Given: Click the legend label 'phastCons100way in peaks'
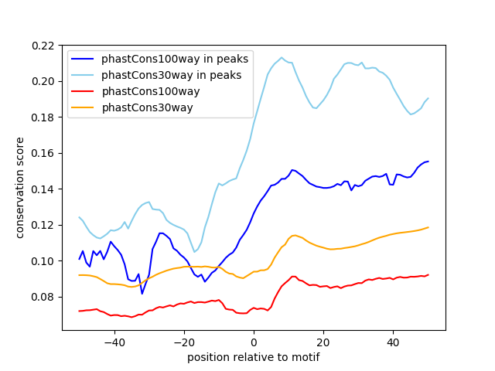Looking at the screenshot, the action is [x=175, y=59].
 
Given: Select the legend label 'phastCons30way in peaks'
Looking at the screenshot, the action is [x=171, y=75].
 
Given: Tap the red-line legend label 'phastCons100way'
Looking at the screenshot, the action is [x=151, y=91].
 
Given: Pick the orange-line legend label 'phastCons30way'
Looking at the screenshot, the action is [x=147, y=107].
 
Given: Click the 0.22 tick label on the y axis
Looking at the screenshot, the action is [x=43, y=46].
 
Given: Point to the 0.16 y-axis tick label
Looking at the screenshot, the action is [x=43, y=153].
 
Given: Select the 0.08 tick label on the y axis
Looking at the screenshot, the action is [x=43, y=297].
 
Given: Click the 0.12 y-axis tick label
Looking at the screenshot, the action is [x=43, y=225].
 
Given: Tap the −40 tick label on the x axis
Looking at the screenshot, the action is [x=114, y=342].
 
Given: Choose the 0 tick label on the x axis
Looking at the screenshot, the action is [x=254, y=342].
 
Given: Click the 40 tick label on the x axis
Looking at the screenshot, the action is [x=393, y=342].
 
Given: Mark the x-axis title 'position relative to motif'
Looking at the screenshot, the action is [x=254, y=357].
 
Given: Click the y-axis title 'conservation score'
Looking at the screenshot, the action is [x=19, y=188].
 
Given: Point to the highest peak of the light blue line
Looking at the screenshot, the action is [x=282, y=58].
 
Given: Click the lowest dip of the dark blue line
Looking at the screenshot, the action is [x=142, y=294].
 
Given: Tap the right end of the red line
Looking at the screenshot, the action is [x=428, y=275].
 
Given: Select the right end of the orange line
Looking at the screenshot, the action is [x=428, y=227].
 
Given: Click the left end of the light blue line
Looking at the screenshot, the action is [x=79, y=217].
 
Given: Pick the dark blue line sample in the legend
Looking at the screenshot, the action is [x=83, y=59].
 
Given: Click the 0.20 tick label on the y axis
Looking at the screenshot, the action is [x=43, y=81].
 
